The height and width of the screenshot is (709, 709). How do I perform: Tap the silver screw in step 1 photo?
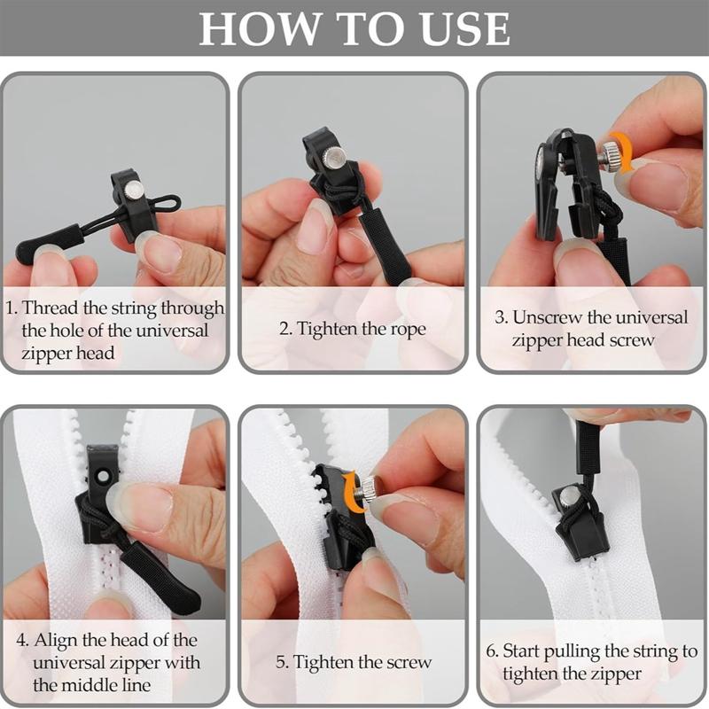click(134, 189)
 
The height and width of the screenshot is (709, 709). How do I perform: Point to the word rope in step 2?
click(407, 329)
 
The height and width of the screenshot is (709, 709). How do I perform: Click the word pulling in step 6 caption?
click(572, 651)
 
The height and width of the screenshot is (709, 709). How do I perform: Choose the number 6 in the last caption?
click(490, 651)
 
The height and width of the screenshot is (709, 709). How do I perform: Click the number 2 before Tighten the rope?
click(284, 329)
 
